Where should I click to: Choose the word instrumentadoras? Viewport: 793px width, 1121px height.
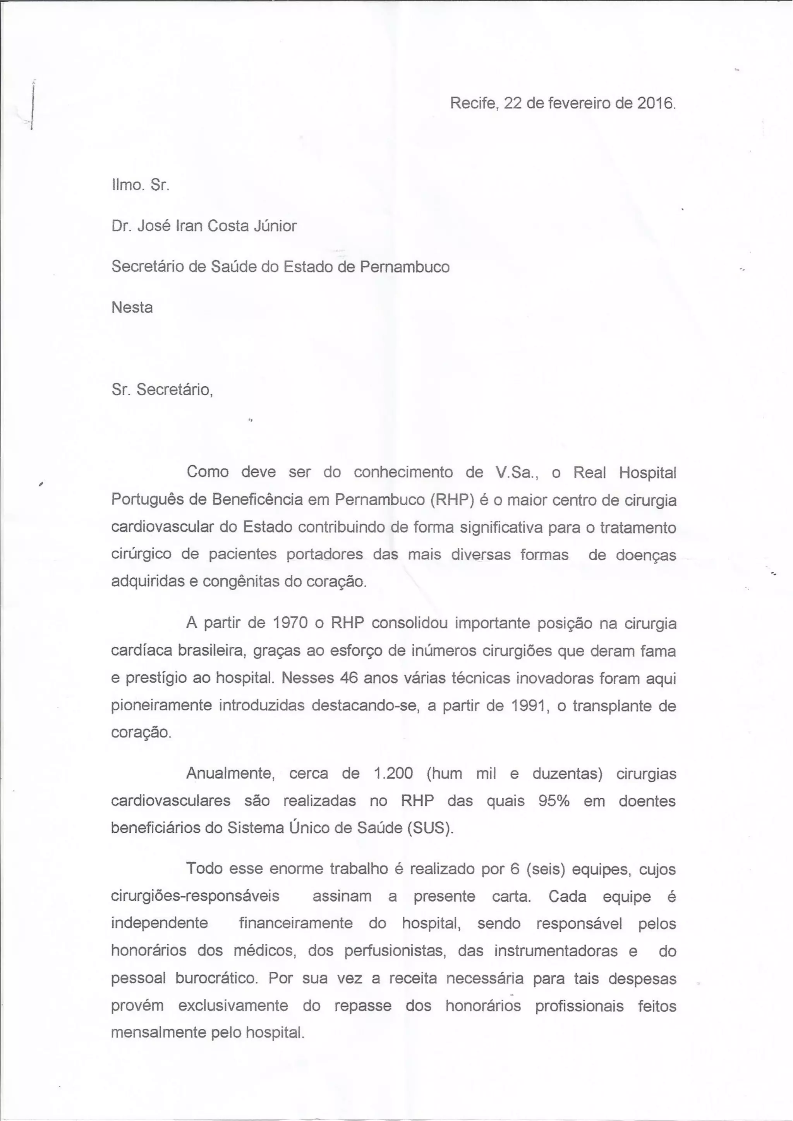click(557, 951)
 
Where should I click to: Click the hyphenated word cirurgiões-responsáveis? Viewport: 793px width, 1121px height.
click(195, 897)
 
